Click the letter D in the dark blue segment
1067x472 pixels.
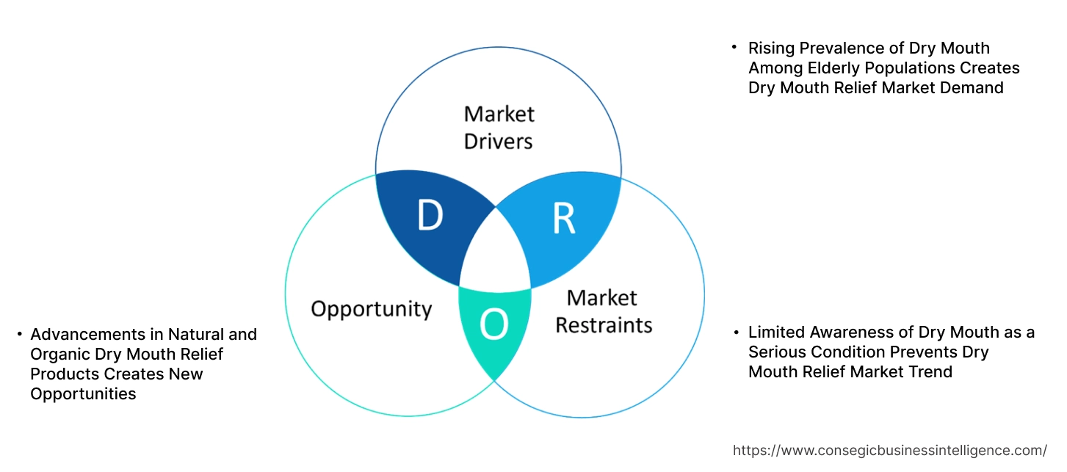tap(430, 215)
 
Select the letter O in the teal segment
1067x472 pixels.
tap(493, 325)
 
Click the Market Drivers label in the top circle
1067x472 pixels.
tap(499, 127)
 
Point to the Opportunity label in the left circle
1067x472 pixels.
tap(371, 308)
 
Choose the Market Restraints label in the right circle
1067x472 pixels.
tap(603, 311)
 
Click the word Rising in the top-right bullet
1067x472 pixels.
tap(770, 48)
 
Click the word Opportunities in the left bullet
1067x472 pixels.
tap(83, 394)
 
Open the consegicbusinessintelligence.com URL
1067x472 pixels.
tap(890, 451)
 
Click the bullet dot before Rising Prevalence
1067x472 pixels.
tap(734, 48)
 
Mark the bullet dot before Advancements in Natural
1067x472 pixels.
tap(20, 335)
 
